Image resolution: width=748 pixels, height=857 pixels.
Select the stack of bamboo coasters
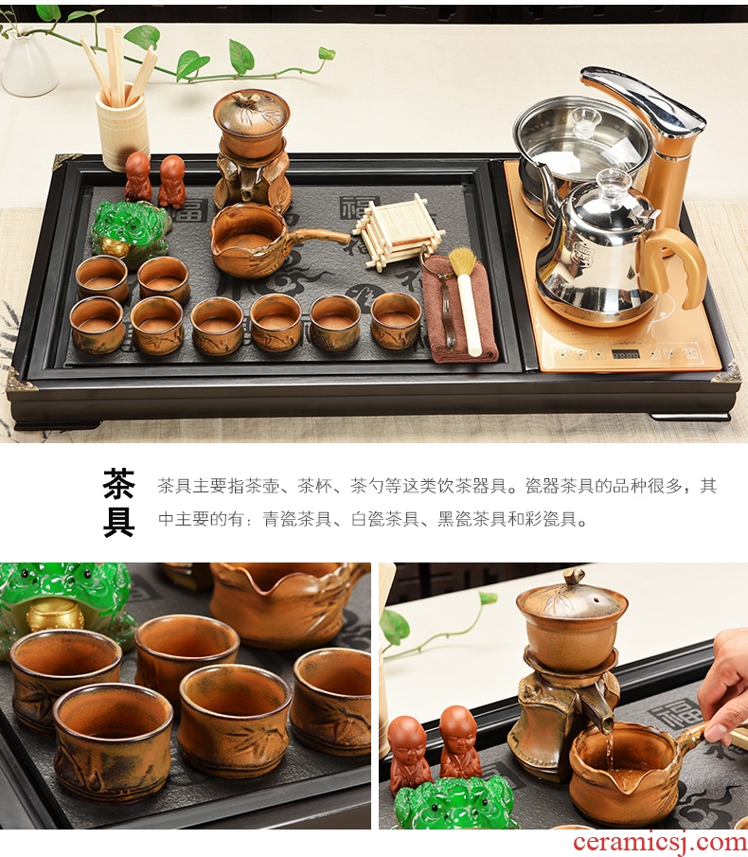pos(398,232)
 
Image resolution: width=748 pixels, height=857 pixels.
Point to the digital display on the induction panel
pos(626,354)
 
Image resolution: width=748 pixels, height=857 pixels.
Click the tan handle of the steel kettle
pos(672,267)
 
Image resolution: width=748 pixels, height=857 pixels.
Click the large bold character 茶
pos(118,484)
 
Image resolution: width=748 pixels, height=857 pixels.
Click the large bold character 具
pos(118,522)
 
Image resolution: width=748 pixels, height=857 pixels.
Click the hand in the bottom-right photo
pos(724,685)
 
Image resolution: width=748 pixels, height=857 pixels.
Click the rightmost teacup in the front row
pos(396,320)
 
